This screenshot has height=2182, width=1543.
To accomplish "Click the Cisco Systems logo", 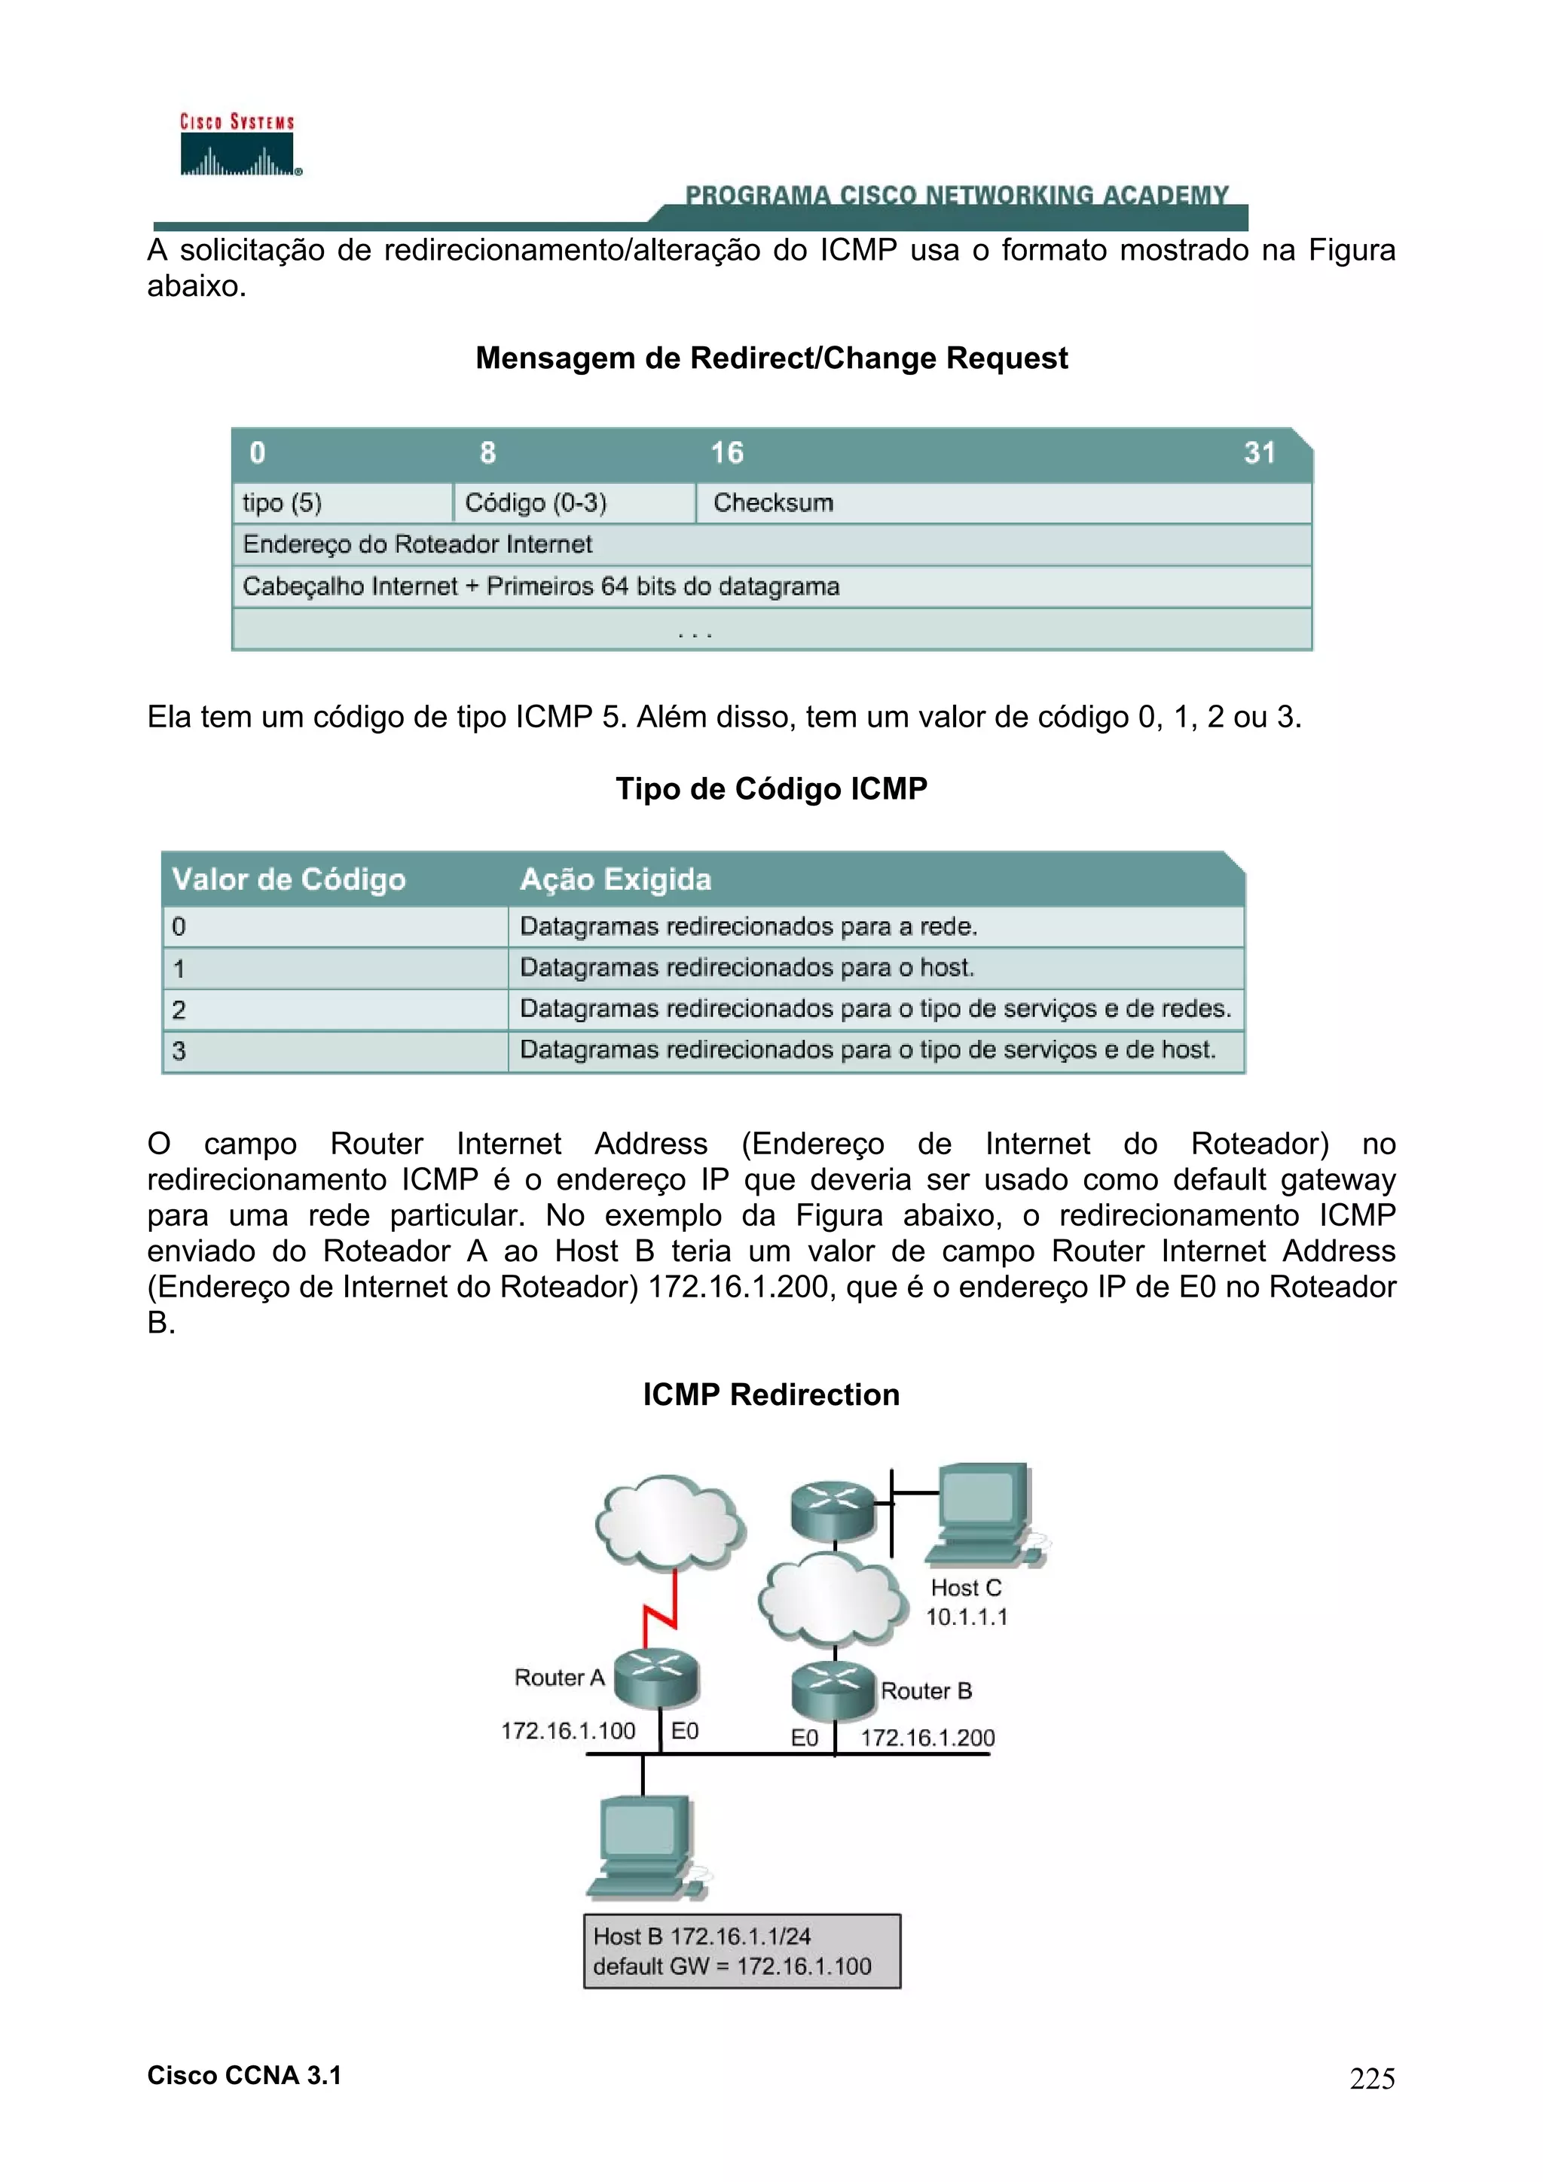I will click(237, 145).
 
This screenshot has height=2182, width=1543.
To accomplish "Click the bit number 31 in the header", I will click(1259, 453).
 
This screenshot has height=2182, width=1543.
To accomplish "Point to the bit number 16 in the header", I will click(727, 453).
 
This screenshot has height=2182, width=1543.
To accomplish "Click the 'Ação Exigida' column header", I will click(615, 879).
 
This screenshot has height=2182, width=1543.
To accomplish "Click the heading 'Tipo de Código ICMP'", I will click(771, 789).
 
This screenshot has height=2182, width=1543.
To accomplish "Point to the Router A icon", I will click(657, 1679).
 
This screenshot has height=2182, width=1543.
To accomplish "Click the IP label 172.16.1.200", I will click(927, 1739).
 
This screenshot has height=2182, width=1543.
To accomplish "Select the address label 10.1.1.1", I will click(967, 1617).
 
